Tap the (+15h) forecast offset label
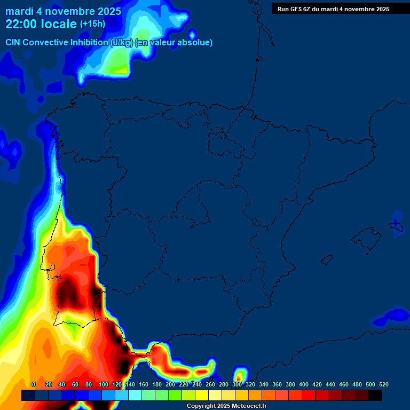click(x=92, y=24)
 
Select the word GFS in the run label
click(x=296, y=9)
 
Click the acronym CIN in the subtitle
click(x=14, y=42)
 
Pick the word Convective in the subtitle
click(x=45, y=42)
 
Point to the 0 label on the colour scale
click(x=34, y=384)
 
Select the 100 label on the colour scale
click(x=104, y=384)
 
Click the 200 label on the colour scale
click(x=170, y=384)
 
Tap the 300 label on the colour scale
click(x=237, y=384)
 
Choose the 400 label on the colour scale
click(x=304, y=384)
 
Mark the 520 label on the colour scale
click(x=384, y=384)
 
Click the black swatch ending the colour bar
click(x=375, y=395)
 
